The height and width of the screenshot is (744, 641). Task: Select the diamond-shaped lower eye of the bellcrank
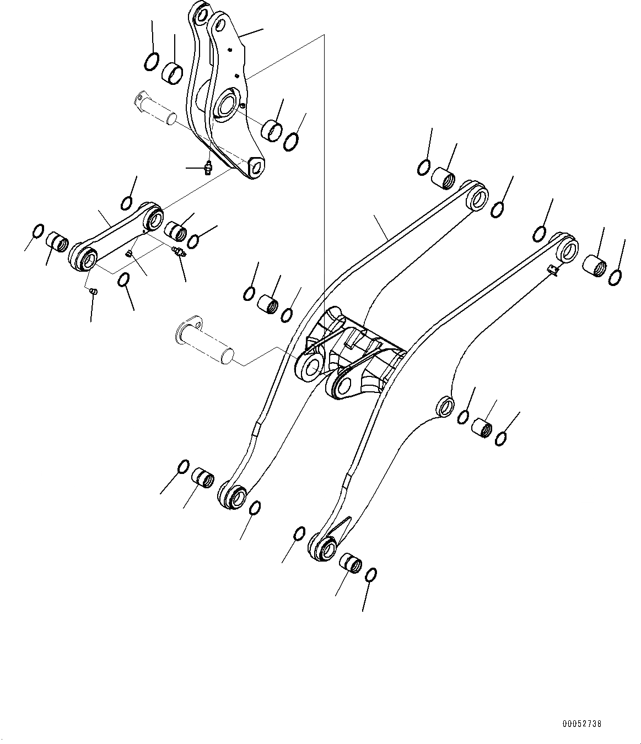[255, 166]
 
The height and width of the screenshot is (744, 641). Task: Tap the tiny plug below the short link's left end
[94, 291]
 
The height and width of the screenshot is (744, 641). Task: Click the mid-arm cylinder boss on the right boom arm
[445, 406]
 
